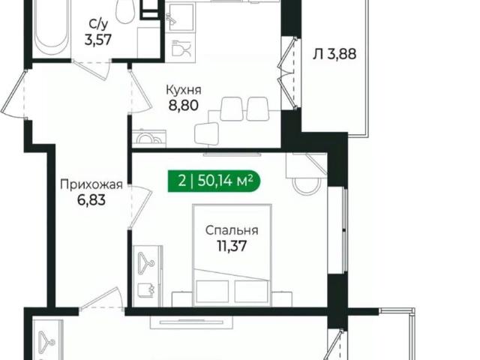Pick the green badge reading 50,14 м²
[x=212, y=180]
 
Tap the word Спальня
[x=233, y=230]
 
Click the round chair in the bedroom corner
[x=304, y=184]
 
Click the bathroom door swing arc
[x=97, y=71]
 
